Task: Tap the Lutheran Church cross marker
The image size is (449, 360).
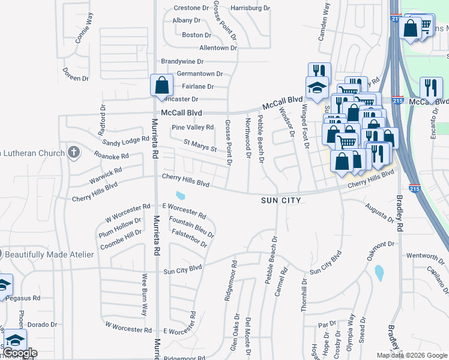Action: tap(73, 152)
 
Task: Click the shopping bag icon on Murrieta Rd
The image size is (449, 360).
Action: tap(161, 85)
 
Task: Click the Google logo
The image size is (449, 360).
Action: tap(20, 353)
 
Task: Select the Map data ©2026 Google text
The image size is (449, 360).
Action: tap(411, 355)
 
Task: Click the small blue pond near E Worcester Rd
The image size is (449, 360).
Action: tap(181, 196)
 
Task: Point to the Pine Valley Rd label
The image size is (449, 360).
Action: tap(193, 127)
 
